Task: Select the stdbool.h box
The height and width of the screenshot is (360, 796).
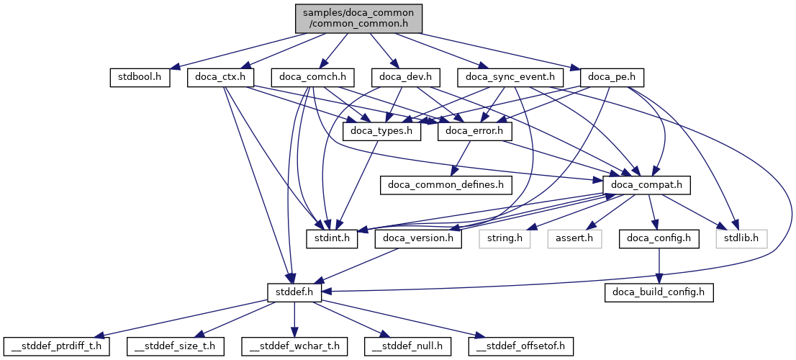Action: tap(140, 77)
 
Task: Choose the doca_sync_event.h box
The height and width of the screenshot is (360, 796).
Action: tap(510, 77)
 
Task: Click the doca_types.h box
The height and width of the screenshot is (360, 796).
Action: tap(382, 131)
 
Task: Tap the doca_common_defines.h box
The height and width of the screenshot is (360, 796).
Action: tap(446, 185)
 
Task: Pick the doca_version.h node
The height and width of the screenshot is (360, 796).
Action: tap(418, 238)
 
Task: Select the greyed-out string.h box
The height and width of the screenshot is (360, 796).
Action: tap(504, 238)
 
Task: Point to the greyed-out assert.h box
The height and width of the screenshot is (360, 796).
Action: tap(574, 238)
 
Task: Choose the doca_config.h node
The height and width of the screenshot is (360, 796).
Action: tap(658, 238)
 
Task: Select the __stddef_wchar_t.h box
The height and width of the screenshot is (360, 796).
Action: tap(295, 346)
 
